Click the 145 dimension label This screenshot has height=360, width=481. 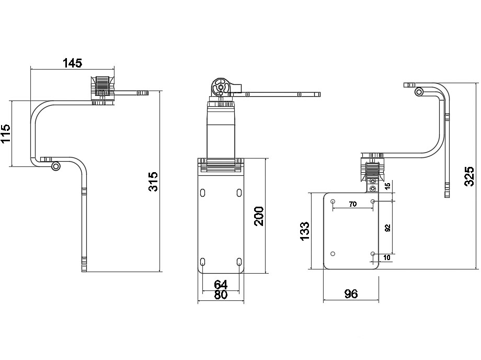pyautogui.click(x=72, y=63)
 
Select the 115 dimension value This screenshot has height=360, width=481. pyautogui.click(x=6, y=133)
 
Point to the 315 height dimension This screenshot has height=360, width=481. pyautogui.click(x=153, y=182)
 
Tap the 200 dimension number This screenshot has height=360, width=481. pyautogui.click(x=259, y=216)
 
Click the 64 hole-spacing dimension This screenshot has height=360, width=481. pyautogui.click(x=221, y=285)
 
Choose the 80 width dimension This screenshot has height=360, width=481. pyautogui.click(x=221, y=295)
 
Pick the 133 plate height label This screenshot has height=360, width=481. pyautogui.click(x=305, y=231)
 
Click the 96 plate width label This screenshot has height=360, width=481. pyautogui.click(x=351, y=294)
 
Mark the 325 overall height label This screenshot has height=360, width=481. pyautogui.click(x=469, y=176)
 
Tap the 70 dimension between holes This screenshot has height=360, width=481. pyautogui.click(x=353, y=204)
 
